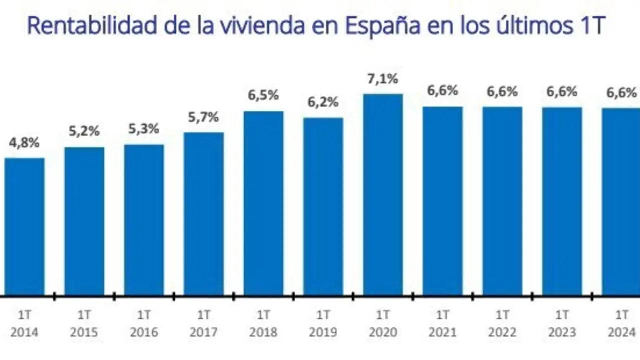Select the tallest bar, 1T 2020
pos(383,194)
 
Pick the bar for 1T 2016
pos(144,220)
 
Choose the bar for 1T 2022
pos(502,201)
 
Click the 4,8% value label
pos(24,143)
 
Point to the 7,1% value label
pos(383,79)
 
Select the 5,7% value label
pos(204,118)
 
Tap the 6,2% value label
pos(323,103)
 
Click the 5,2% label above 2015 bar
pos(84,132)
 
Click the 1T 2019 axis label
pos(323,323)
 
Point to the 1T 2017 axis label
pos(204,323)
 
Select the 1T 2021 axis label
pos(443,323)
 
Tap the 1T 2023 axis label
pos(562,323)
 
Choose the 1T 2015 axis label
pos(84,323)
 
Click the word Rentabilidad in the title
pos(89,26)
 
